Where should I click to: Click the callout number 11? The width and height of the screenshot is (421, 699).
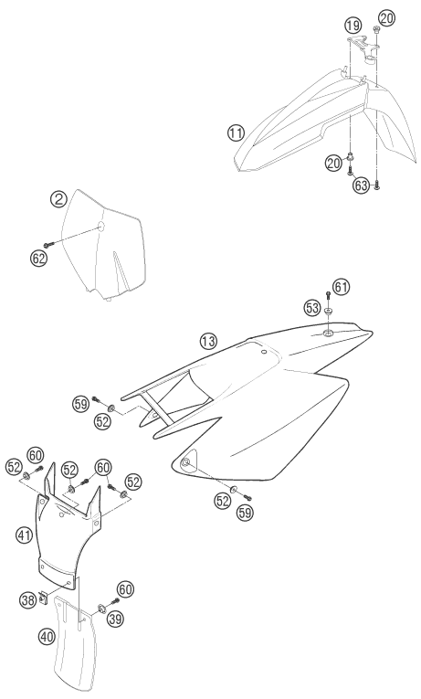click(236, 132)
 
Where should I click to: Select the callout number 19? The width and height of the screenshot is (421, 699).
click(353, 26)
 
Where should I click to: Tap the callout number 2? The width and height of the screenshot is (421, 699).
click(58, 199)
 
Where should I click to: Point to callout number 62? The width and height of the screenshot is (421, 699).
click(38, 258)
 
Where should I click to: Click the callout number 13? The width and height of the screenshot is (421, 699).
click(208, 342)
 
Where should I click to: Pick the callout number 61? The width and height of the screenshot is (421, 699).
click(341, 287)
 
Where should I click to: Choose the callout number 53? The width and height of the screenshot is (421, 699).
click(312, 308)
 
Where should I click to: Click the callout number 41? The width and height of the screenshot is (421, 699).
click(25, 535)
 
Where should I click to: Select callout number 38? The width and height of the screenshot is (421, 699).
click(27, 600)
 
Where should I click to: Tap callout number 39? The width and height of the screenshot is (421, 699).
click(115, 619)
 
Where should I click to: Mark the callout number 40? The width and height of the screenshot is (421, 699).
click(47, 636)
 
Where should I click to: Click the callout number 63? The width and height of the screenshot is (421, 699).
click(362, 185)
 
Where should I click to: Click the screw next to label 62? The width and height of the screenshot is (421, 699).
click(48, 244)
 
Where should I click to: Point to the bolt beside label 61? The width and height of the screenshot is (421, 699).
click(329, 295)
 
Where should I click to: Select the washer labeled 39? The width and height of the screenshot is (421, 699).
click(101, 607)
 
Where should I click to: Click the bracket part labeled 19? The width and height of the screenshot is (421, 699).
click(363, 48)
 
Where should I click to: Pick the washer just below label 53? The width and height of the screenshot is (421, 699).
click(329, 312)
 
